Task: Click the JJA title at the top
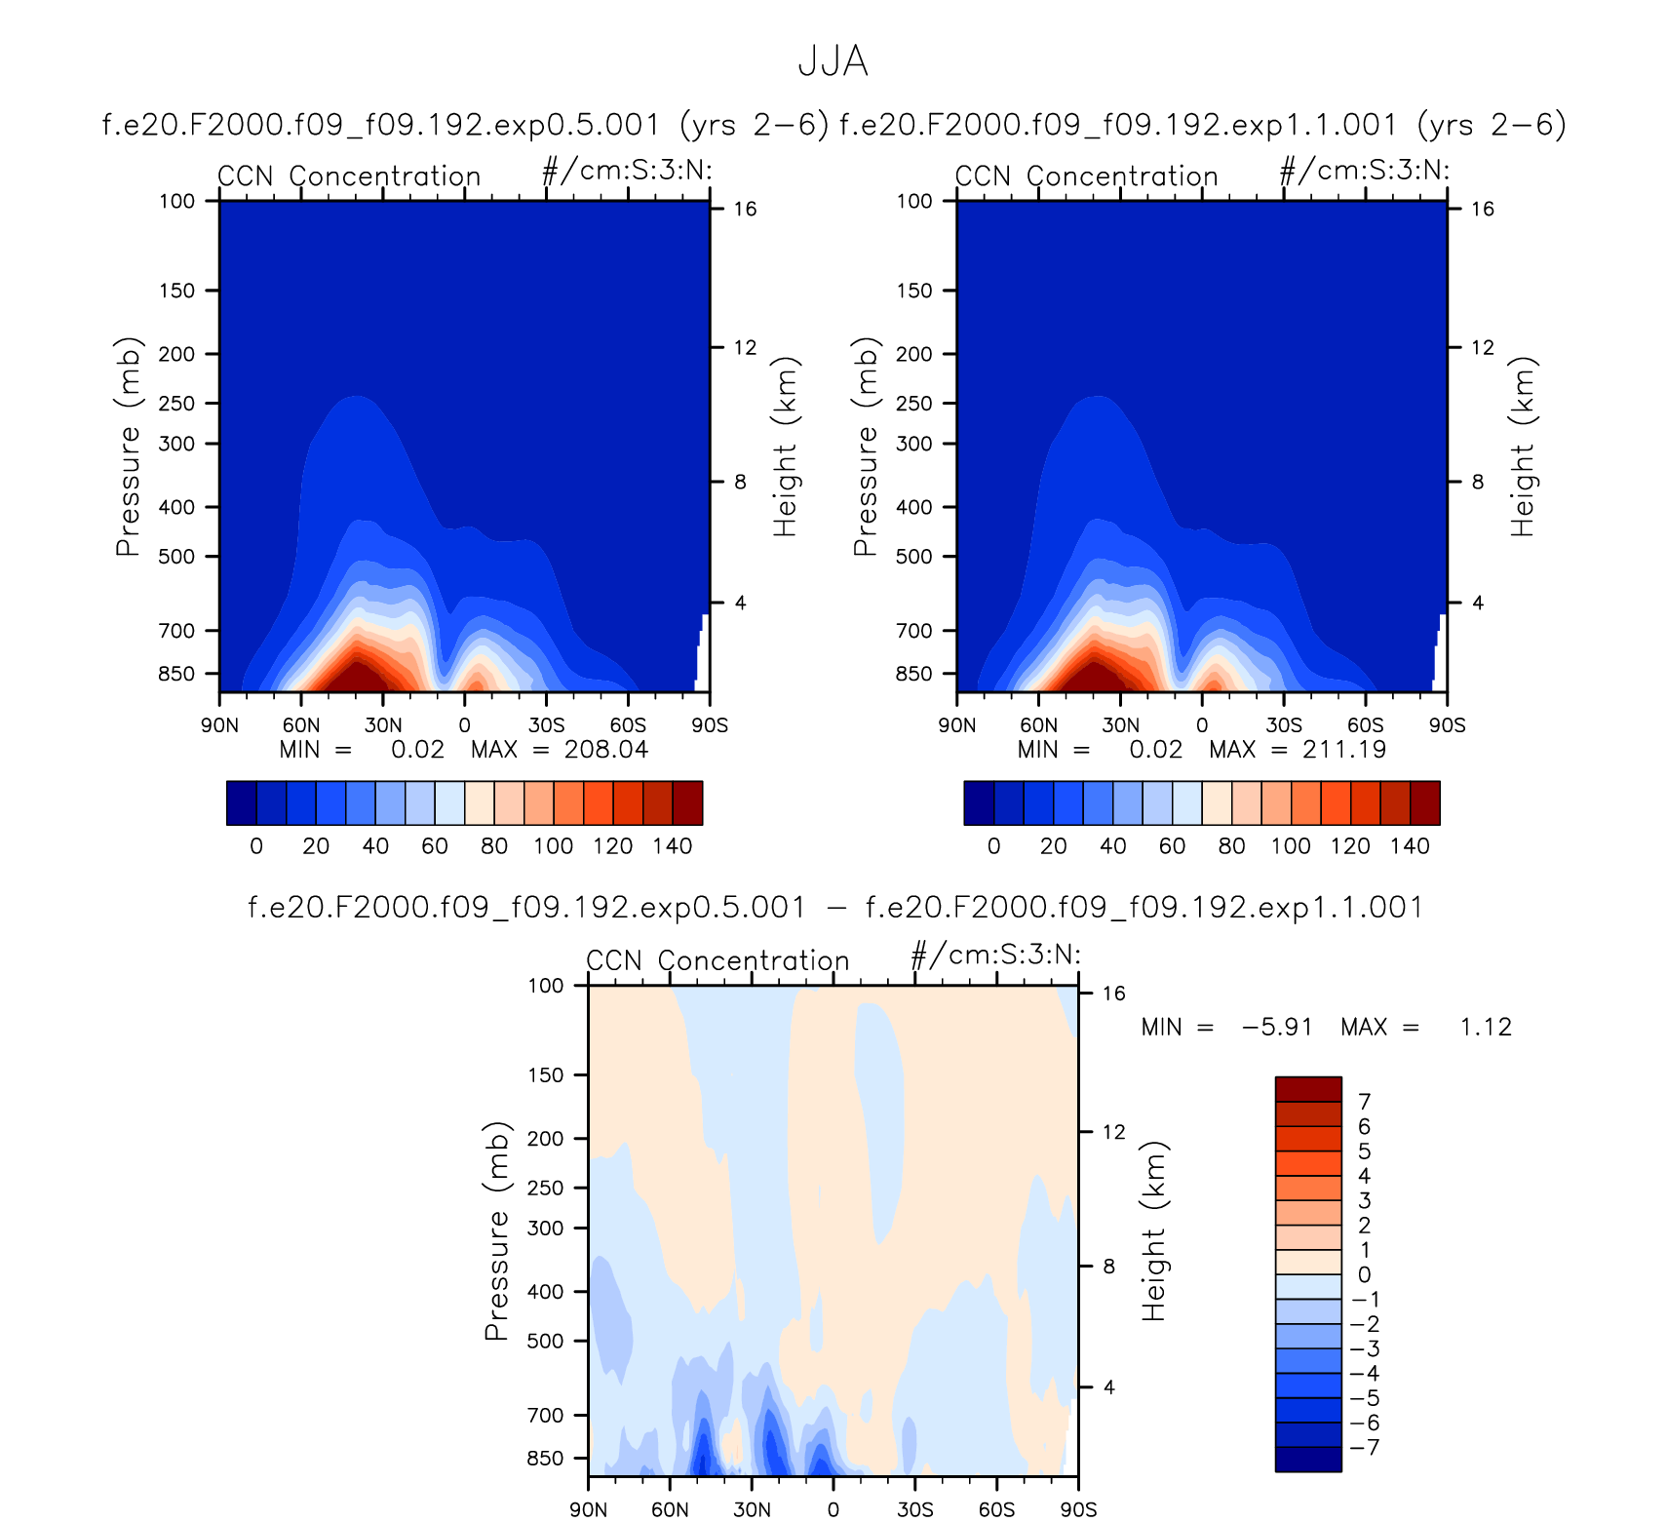(833, 61)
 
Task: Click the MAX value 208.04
(606, 749)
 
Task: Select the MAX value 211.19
(1344, 749)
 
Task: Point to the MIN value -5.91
(1277, 1027)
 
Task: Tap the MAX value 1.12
(1486, 1027)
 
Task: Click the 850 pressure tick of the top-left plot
(176, 674)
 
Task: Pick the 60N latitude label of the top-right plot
(1038, 725)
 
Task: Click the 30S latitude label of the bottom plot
(914, 1509)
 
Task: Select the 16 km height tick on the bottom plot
(1113, 994)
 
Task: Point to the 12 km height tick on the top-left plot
(745, 347)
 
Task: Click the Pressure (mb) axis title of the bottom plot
(496, 1231)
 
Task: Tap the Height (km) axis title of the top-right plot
(1523, 447)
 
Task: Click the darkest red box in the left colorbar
(687, 802)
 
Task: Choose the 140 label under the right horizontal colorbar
(1410, 846)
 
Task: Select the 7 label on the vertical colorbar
(1365, 1102)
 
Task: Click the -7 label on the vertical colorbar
(1365, 1447)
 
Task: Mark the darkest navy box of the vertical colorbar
(1308, 1460)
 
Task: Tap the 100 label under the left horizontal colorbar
(553, 846)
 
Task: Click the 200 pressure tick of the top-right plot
(913, 354)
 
